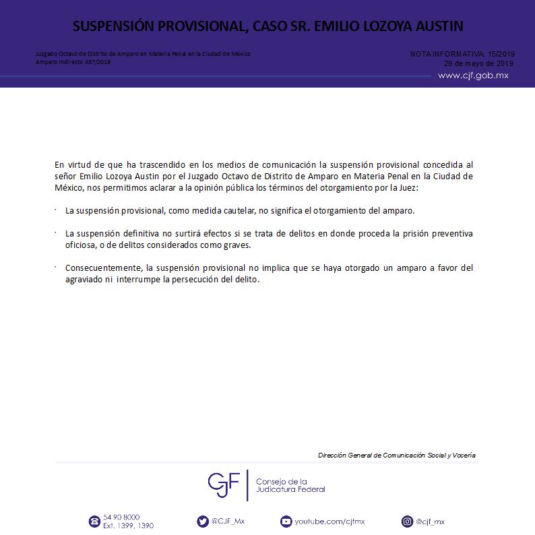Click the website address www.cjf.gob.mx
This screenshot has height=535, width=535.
473,75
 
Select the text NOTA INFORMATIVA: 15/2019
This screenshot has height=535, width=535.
462,53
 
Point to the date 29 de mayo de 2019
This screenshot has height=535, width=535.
478,63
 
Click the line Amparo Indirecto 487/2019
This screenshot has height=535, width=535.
73,62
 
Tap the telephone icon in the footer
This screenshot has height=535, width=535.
94,522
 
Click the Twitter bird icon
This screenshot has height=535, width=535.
203,521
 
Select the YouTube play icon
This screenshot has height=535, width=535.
286,522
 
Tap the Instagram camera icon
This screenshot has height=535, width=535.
407,522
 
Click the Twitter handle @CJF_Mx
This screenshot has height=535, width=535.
228,521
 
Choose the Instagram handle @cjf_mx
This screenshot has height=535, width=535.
430,522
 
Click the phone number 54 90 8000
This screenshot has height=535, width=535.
122,517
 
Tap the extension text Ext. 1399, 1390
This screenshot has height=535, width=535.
129,526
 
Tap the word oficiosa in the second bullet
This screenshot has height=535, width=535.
82,245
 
